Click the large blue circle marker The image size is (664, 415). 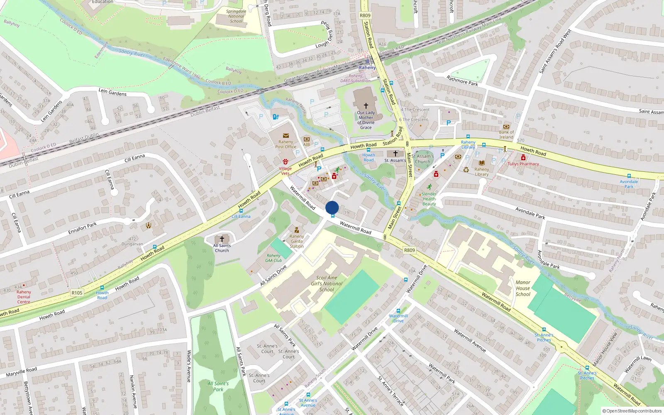tap(332, 207)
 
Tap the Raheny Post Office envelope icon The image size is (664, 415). tap(286, 136)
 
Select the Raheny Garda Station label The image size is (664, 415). tap(297, 241)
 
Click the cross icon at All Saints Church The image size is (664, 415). tap(222, 239)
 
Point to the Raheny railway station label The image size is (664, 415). tap(367, 67)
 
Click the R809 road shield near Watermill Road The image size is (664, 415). tap(409, 250)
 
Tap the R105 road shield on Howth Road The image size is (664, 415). tap(77, 293)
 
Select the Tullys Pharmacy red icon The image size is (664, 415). tap(523, 158)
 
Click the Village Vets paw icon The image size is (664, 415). tap(286, 161)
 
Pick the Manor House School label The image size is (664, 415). tap(523, 288)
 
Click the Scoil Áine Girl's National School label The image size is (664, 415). tap(327, 283)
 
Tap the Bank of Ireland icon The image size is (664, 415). tap(506, 127)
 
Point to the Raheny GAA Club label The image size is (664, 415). tap(273, 258)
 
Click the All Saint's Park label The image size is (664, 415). tap(218, 386)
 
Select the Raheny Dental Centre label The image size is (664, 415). tap(24, 297)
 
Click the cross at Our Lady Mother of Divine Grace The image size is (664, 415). tap(366, 106)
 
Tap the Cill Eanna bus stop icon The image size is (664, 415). tap(241, 211)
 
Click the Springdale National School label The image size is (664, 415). tap(236, 16)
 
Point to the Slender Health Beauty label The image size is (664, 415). tap(429, 199)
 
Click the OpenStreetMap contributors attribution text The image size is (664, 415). tap(632, 411)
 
